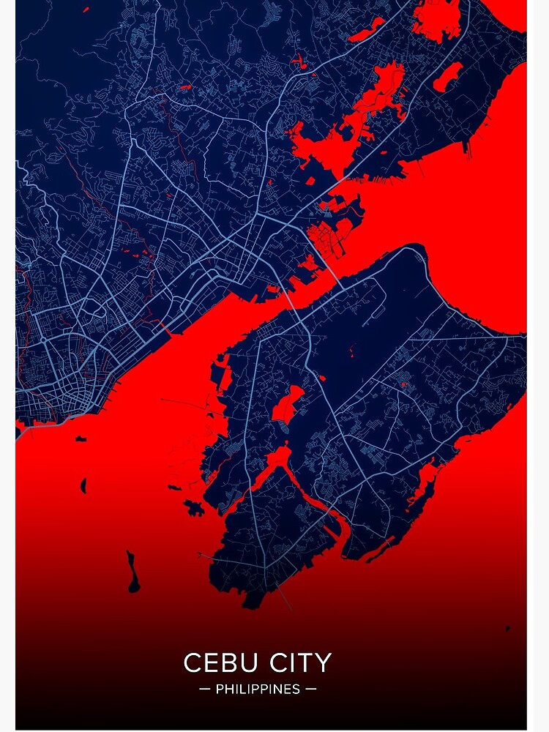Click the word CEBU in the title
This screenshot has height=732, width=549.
click(x=218, y=663)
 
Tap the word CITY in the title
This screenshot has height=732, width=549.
click(x=296, y=663)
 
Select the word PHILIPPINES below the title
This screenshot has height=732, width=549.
click(x=258, y=690)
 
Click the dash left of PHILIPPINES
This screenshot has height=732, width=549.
click(x=204, y=690)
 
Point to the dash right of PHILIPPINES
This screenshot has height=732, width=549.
click(x=311, y=690)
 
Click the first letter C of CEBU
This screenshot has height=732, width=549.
click(x=192, y=663)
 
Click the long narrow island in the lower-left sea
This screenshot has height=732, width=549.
click(x=132, y=572)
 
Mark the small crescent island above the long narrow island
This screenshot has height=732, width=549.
click(x=83, y=485)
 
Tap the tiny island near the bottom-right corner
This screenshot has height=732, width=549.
click(x=507, y=627)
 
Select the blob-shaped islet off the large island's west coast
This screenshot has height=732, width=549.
click(x=195, y=507)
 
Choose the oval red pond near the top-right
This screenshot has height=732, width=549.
click(x=448, y=76)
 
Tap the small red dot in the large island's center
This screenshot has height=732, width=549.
click(x=401, y=384)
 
